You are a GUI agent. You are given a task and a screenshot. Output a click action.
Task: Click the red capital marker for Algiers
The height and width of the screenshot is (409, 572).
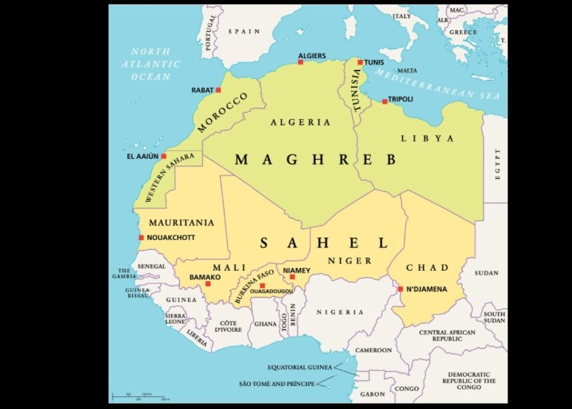[301, 62]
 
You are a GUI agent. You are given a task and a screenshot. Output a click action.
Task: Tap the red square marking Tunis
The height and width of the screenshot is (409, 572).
[360, 63]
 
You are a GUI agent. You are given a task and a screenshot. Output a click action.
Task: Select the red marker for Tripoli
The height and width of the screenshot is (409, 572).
[384, 101]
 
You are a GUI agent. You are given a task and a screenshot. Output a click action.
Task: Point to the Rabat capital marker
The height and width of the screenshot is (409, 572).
[218, 90]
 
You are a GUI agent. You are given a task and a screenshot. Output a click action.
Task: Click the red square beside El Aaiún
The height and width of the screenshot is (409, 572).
[164, 157]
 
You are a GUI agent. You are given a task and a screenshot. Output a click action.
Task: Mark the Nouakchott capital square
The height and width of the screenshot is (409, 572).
[141, 237]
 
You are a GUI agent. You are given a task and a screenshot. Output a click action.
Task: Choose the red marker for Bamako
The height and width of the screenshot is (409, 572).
[208, 284]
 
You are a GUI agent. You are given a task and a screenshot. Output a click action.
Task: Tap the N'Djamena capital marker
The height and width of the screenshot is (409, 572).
[400, 289]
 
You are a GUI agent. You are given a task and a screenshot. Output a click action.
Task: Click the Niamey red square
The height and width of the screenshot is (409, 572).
[292, 277]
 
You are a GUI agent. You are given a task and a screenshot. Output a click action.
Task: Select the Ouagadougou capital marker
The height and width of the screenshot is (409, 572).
[262, 285]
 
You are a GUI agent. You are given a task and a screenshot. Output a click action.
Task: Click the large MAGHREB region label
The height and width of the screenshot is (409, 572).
[315, 160]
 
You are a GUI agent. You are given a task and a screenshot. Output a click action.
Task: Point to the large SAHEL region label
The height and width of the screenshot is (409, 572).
[323, 243]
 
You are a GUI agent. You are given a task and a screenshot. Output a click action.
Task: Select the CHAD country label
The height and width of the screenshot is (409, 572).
[427, 267]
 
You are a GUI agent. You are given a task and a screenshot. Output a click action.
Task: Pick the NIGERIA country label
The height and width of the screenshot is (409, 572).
[340, 312]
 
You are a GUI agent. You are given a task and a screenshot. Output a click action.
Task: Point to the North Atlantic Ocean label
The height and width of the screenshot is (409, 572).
[150, 65]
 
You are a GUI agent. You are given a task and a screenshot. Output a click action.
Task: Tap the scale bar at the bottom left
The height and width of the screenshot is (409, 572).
[140, 396]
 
